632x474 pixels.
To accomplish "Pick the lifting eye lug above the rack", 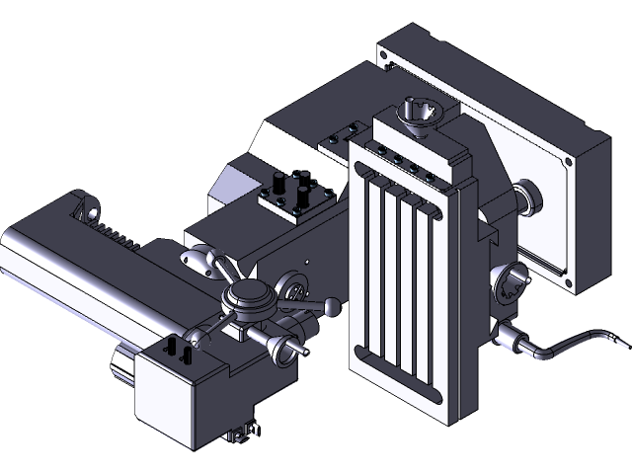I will coord(90,210).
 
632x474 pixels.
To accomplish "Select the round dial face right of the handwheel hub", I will coord(294,290).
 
